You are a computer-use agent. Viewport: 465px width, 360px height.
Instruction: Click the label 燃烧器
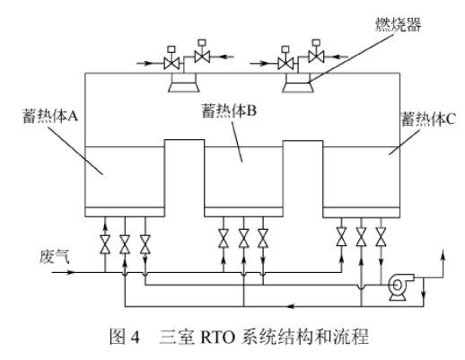point(399,24)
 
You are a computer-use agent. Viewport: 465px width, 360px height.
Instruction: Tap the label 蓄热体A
point(50,116)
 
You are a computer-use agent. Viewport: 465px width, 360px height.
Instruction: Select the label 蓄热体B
point(229,110)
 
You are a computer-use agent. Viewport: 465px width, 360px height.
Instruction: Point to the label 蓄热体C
point(428,119)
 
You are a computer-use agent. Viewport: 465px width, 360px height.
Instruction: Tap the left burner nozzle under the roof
point(184,83)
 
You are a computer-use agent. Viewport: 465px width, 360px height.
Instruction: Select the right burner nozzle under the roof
point(298,83)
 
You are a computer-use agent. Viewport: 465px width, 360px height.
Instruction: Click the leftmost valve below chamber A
point(105,244)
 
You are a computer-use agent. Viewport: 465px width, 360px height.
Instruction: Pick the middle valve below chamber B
point(243,239)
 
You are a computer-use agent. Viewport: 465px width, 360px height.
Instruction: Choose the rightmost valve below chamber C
point(381,237)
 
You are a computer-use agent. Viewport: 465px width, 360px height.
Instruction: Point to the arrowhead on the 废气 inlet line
point(70,272)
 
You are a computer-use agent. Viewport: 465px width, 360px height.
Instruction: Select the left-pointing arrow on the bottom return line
point(292,306)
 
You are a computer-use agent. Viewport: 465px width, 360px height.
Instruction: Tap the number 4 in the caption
point(135,338)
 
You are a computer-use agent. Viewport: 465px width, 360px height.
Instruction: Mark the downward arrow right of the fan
point(424,292)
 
